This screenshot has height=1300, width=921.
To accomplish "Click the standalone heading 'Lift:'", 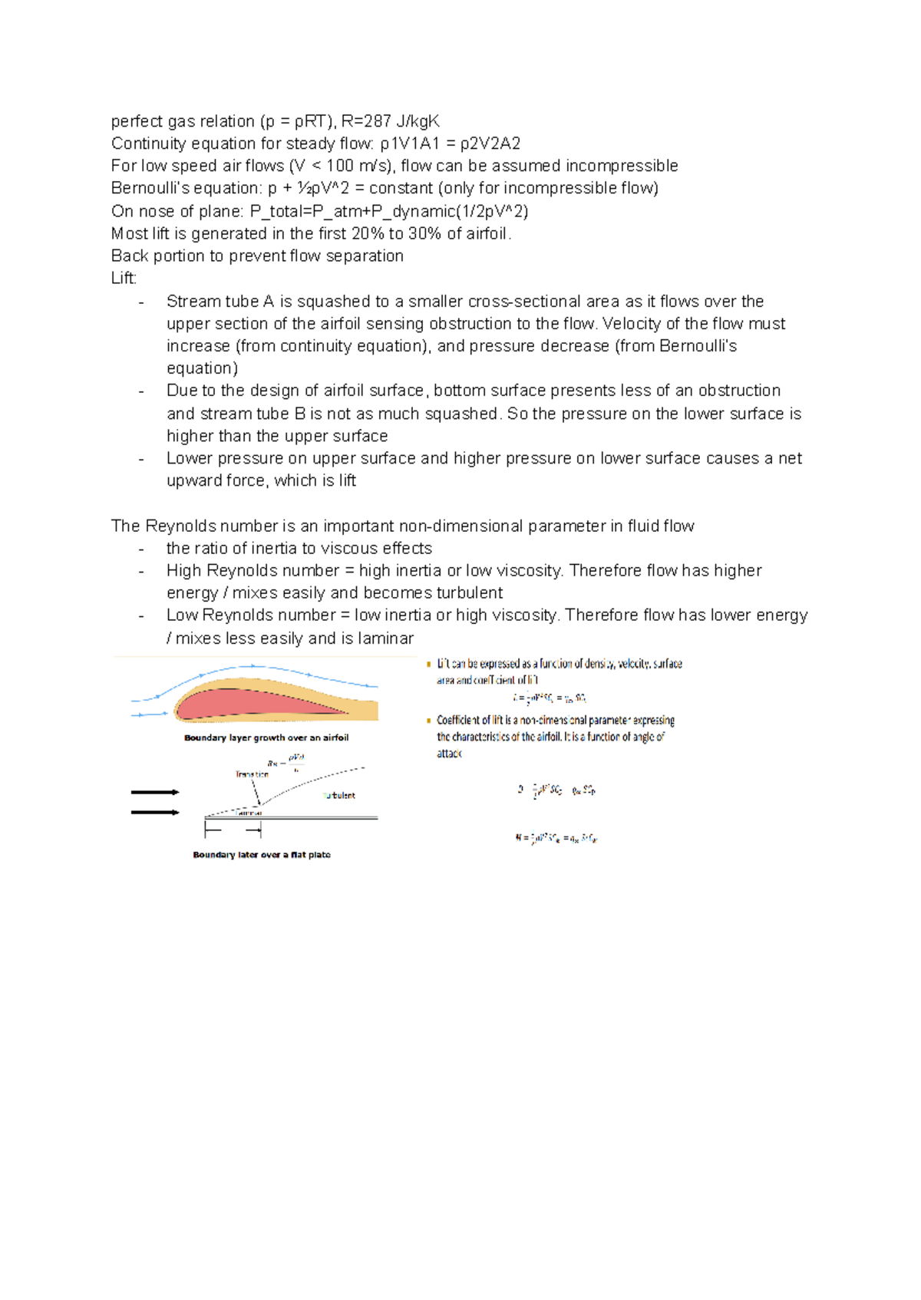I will (124, 278).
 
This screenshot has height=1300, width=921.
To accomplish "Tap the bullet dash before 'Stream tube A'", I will (141, 302).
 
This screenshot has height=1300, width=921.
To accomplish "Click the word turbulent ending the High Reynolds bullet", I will (469, 592).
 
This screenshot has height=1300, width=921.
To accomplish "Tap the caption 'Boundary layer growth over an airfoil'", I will (266, 737).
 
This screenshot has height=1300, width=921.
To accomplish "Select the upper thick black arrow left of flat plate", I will (155, 792).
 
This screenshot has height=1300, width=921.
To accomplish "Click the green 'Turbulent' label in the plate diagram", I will (338, 795).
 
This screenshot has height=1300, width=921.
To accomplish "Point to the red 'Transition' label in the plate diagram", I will (252, 774).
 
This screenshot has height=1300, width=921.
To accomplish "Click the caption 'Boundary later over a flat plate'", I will (262, 854).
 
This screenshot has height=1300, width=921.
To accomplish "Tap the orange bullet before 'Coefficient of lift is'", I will (429, 721).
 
